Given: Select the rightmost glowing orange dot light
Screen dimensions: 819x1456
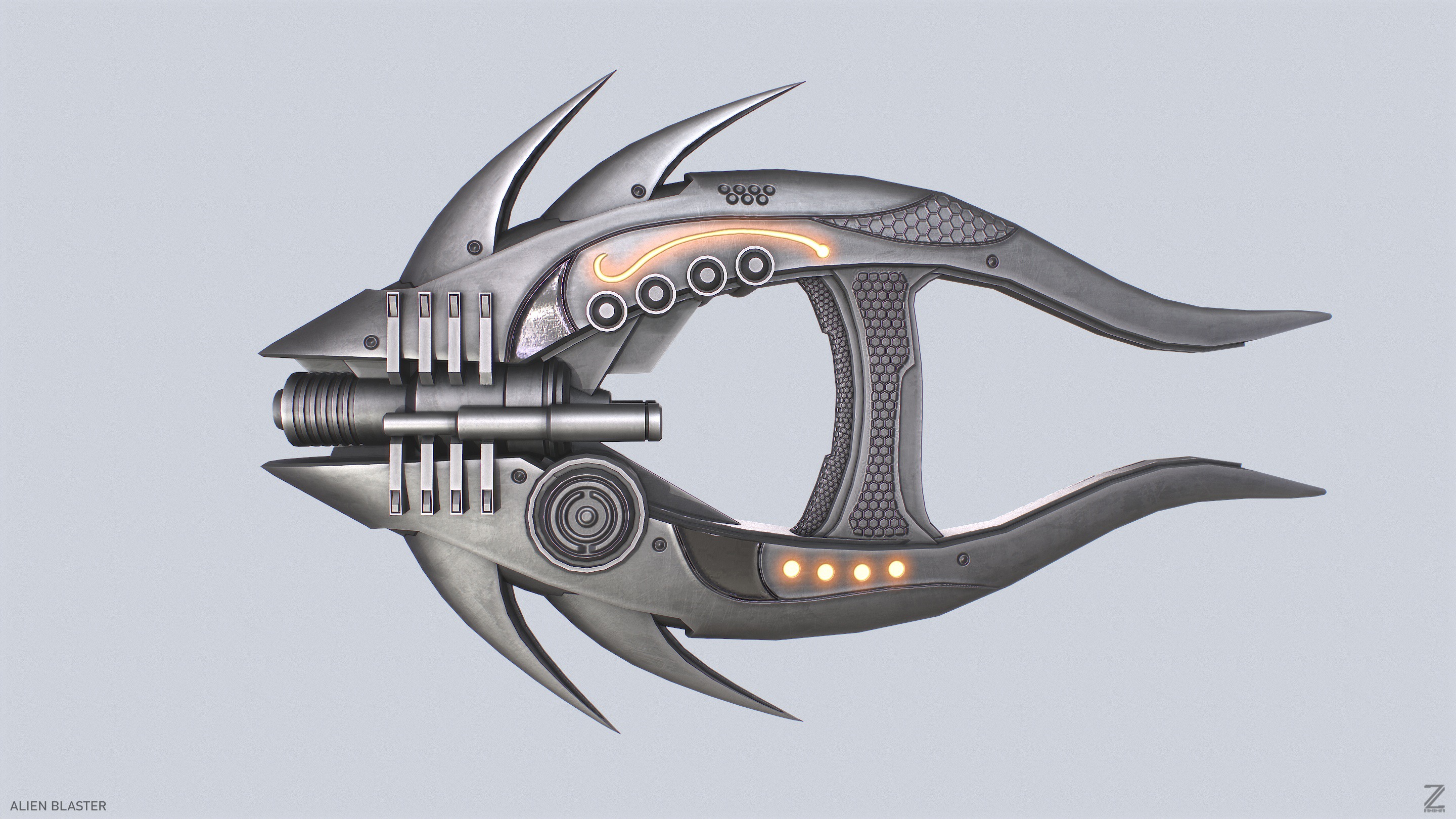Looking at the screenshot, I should point(896,569).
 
